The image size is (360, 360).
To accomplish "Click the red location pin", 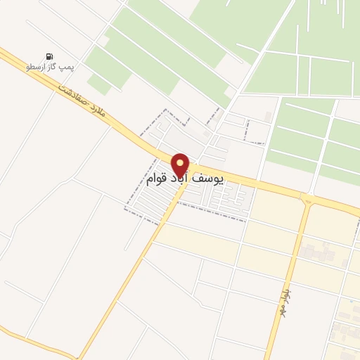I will tap(181, 167).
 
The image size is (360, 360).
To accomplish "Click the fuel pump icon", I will tap(49, 56).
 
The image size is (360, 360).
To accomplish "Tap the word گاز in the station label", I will tap(53, 67).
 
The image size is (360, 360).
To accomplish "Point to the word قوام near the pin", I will tap(144, 180).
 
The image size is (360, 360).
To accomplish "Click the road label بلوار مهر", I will tap(285, 293).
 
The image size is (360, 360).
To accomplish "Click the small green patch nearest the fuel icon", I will tap(99, 84).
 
